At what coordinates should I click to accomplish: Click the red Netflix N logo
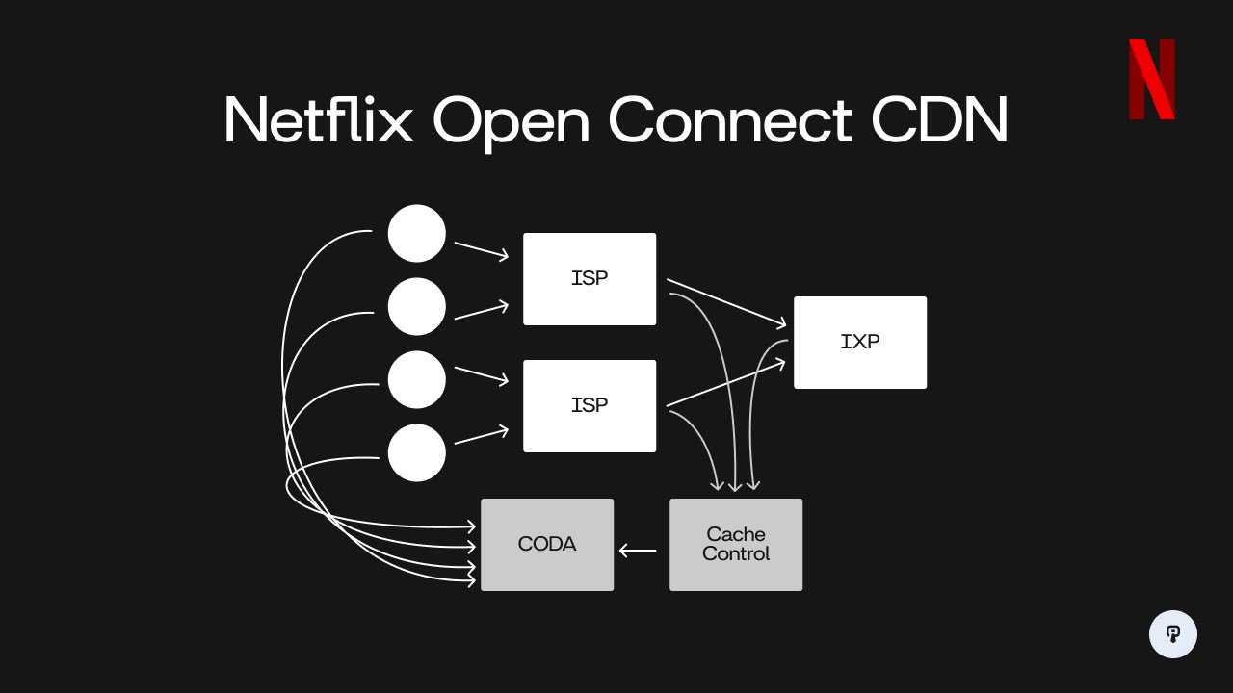pos(1152,79)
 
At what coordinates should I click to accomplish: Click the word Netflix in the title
pos(318,120)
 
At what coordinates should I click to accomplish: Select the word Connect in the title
pos(730,120)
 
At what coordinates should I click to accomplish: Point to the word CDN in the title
pos(939,120)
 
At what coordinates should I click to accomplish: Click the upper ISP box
pos(590,279)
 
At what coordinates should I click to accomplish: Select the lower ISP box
pos(590,406)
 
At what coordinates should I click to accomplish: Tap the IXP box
pos(860,343)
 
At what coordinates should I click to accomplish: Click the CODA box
pos(547,545)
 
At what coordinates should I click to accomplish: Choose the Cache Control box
pos(736,545)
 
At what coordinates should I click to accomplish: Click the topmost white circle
pos(417,233)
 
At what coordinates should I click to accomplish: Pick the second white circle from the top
pos(417,306)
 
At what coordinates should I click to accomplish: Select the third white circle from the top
pos(417,379)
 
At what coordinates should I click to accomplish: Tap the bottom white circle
pos(417,452)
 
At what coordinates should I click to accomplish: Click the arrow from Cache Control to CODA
pos(638,551)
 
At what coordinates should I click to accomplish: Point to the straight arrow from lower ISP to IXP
pos(726,382)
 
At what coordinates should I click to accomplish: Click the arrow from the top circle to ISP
pos(481,250)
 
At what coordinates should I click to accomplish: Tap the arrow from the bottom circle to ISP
pos(481,436)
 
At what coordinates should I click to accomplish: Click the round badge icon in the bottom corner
pos(1173,634)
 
